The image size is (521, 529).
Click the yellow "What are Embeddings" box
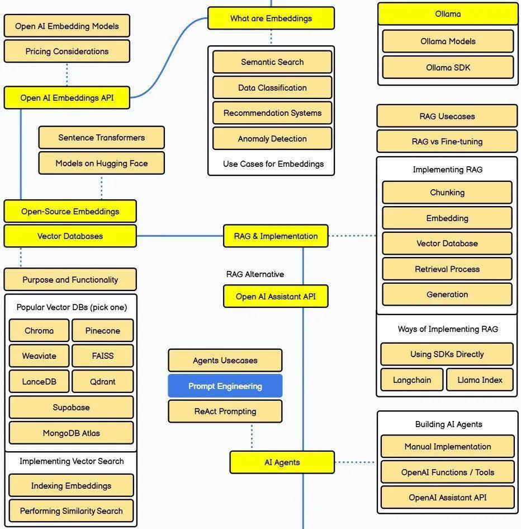271,18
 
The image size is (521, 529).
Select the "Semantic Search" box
272,62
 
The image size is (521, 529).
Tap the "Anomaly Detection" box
272,139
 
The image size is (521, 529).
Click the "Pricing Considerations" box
67,52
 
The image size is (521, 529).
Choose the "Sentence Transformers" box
101,138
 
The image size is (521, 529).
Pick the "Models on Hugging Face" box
101,163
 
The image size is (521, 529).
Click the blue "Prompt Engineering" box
225,386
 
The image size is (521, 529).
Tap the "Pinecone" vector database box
103,331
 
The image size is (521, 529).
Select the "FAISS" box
103,356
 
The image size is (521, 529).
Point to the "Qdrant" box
103,382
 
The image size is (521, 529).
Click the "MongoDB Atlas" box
72,433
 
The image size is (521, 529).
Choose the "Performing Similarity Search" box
72,511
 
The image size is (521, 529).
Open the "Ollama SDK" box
448,68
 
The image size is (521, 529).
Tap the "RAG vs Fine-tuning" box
447,142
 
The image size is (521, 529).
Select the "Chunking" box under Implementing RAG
447,193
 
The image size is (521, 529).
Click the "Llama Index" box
480,380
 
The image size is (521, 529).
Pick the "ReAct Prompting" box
225,411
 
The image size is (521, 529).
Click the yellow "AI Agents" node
282,462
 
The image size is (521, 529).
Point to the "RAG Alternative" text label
255,274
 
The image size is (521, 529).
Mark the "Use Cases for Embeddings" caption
273,164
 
